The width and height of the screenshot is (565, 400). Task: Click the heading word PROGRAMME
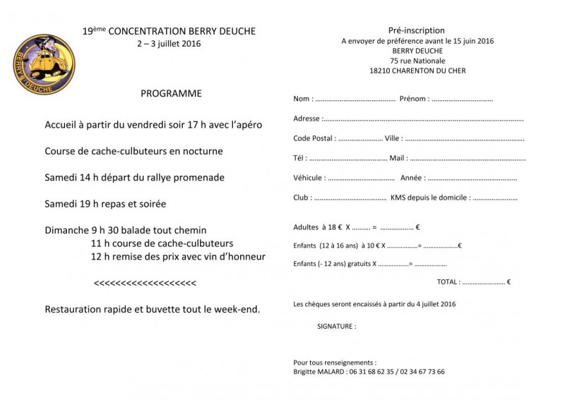click(171, 93)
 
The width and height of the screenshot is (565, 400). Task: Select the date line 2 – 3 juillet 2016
click(169, 44)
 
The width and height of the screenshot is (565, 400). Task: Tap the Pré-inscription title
click(417, 30)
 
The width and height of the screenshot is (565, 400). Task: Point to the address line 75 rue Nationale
click(417, 61)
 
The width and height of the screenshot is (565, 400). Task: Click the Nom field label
click(302, 99)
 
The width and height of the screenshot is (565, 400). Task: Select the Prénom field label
click(413, 99)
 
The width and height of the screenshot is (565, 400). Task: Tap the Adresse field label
click(307, 119)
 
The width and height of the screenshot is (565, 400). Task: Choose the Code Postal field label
click(314, 138)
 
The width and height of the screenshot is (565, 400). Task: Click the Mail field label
click(398, 158)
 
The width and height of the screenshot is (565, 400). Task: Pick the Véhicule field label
click(309, 178)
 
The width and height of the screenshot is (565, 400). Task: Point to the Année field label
click(412, 178)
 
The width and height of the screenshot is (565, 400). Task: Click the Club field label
click(302, 198)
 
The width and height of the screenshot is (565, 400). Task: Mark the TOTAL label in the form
click(448, 282)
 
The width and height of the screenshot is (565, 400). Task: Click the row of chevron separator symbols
click(145, 283)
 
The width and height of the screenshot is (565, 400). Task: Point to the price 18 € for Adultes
click(334, 227)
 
